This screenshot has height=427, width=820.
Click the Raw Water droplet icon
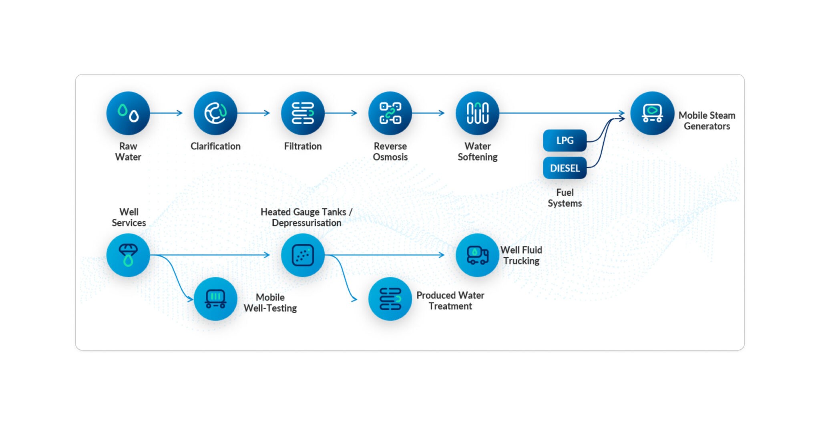click(128, 113)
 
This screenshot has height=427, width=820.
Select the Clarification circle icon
click(215, 113)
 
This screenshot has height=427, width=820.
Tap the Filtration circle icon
click(303, 113)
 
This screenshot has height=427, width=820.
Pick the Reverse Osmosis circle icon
click(390, 113)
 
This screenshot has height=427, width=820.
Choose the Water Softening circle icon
click(477, 113)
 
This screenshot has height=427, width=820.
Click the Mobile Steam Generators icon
click(652, 113)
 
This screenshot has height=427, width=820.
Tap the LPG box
click(565, 141)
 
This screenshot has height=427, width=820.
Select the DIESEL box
click(565, 168)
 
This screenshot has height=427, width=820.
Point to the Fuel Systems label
click(565, 198)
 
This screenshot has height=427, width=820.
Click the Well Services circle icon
click(128, 255)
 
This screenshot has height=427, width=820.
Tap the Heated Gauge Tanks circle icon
click(303, 255)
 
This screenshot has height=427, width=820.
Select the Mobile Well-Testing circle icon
click(215, 299)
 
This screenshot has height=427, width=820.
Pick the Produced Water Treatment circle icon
click(390, 299)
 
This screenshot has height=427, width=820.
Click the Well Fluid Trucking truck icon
click(477, 255)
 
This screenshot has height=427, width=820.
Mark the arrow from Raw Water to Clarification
click(166, 113)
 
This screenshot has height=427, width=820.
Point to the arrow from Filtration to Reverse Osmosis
click(341, 113)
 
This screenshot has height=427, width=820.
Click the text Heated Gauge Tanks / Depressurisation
click(306, 218)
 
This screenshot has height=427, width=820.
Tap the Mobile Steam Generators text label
click(707, 121)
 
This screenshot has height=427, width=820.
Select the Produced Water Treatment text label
click(450, 300)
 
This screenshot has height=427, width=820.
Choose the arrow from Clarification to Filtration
click(253, 113)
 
